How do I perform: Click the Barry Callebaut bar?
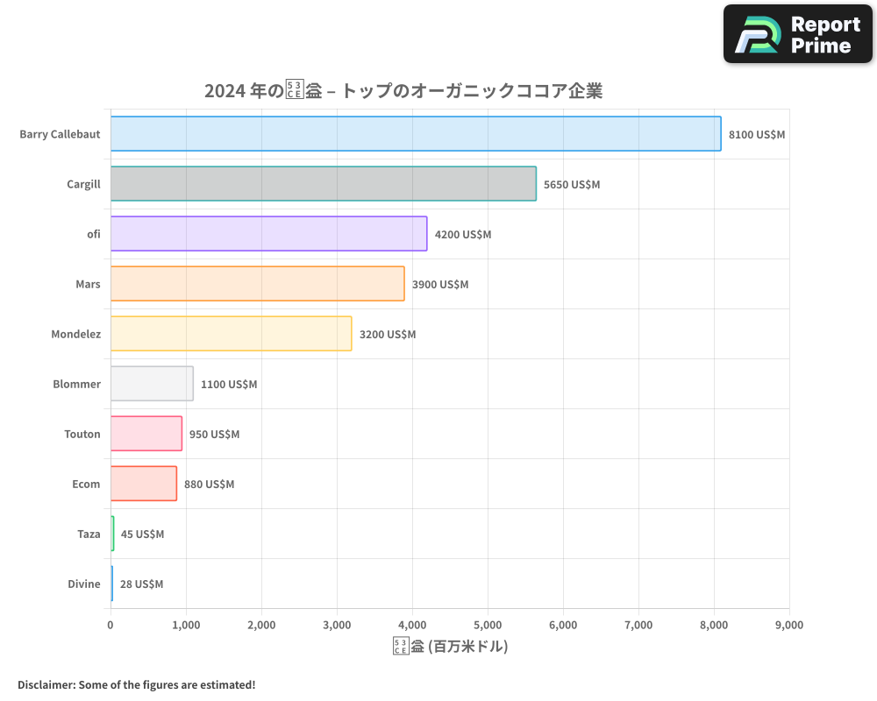tap(416, 134)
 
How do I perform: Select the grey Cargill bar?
tap(324, 184)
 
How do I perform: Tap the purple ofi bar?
tap(268, 234)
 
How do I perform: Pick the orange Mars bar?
tap(257, 284)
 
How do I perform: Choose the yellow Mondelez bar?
tap(231, 334)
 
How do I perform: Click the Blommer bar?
tap(152, 384)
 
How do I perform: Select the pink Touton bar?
tap(146, 434)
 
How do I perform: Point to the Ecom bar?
tap(144, 484)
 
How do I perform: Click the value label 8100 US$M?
tap(757, 135)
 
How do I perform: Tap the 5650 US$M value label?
tap(572, 185)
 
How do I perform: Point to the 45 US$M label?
tap(142, 535)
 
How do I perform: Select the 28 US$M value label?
tap(141, 584)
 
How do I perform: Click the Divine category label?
tap(84, 584)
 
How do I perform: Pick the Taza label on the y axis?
tap(89, 535)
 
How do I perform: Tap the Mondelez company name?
tap(75, 335)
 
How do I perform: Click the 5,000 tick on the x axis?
tap(488, 625)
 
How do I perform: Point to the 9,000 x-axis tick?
tap(789, 625)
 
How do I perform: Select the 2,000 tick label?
tap(261, 625)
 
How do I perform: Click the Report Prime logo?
tap(797, 34)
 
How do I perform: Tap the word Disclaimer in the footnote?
tap(46, 684)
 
